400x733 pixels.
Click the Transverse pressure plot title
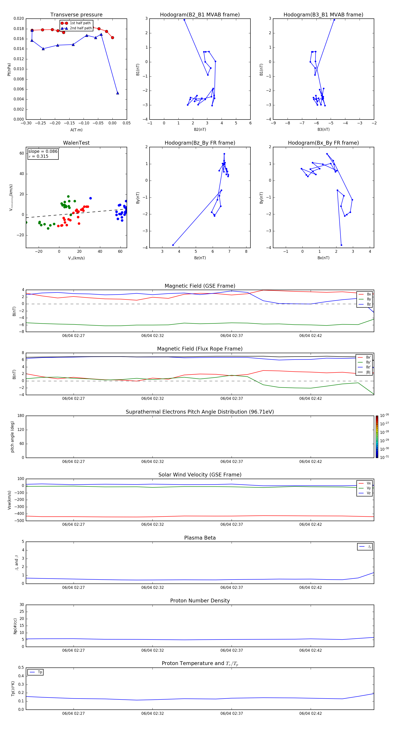click(76, 15)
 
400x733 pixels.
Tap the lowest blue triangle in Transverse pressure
click(118, 93)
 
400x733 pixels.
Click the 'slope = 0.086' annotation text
click(43, 151)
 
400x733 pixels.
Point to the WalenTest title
click(76, 143)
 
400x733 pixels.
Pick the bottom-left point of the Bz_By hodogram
click(173, 245)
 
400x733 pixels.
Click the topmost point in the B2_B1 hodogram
click(184, 20)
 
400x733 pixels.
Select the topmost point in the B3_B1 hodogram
click(334, 20)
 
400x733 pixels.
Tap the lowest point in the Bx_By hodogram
click(341, 245)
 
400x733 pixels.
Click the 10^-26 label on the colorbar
click(384, 415)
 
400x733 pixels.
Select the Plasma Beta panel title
click(200, 538)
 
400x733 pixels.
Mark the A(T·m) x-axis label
click(76, 130)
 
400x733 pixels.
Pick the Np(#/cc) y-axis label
click(15, 626)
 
